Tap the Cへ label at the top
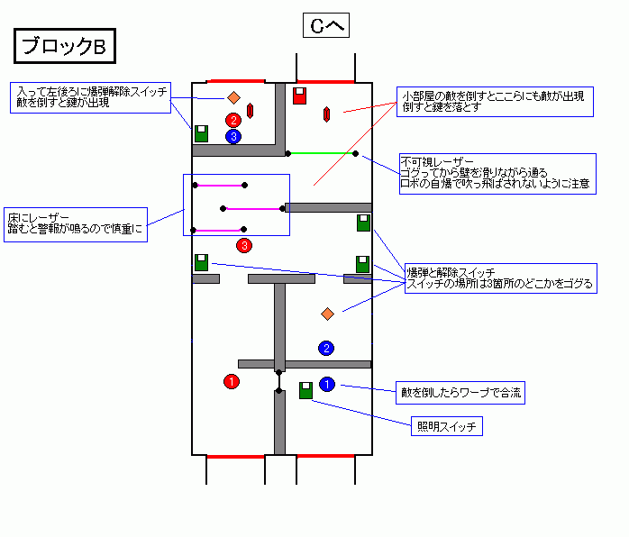(325, 26)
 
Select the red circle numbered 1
(232, 382)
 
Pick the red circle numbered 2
(233, 119)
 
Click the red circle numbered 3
(244, 245)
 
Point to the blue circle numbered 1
(327, 385)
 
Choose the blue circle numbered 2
(327, 348)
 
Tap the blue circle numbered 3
(233, 136)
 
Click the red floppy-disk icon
(300, 96)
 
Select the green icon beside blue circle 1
(305, 390)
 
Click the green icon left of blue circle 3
(201, 133)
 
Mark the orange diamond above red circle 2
(233, 97)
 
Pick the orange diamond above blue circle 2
(327, 314)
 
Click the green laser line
(321, 153)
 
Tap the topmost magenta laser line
(219, 186)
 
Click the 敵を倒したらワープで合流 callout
(460, 392)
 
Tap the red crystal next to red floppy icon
(326, 114)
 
